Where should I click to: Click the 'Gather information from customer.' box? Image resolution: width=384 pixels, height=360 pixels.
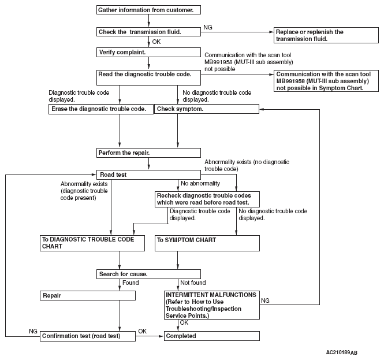148,10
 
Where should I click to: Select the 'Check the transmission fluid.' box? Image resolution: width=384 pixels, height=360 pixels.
148,32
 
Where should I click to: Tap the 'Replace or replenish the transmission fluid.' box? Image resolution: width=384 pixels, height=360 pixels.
326,35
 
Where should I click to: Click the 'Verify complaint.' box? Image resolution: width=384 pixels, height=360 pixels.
148,52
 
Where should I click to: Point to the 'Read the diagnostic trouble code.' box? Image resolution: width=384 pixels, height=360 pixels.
148,77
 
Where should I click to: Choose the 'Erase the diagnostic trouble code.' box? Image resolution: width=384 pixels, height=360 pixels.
101,109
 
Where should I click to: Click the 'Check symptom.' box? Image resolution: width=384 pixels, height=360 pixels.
207,109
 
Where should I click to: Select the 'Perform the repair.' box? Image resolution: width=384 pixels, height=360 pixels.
148,153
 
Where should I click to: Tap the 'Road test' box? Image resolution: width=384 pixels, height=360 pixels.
148,175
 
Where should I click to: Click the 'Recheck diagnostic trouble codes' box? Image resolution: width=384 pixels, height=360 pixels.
207,199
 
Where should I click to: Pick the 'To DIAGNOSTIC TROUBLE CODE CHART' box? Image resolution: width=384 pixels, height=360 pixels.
92,243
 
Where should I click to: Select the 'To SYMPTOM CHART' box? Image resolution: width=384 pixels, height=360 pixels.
207,243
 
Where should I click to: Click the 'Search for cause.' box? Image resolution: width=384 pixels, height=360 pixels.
148,274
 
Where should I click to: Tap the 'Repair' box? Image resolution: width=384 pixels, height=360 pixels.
88,295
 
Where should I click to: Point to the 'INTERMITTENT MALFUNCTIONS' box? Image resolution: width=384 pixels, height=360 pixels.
212,305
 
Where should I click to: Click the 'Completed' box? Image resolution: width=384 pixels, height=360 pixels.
212,336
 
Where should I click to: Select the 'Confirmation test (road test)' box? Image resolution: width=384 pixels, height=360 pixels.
88,336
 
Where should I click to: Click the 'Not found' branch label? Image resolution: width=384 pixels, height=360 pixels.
193,283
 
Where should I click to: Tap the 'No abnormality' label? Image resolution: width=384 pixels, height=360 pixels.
200,183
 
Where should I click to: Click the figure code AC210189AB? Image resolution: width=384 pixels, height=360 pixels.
342,352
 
